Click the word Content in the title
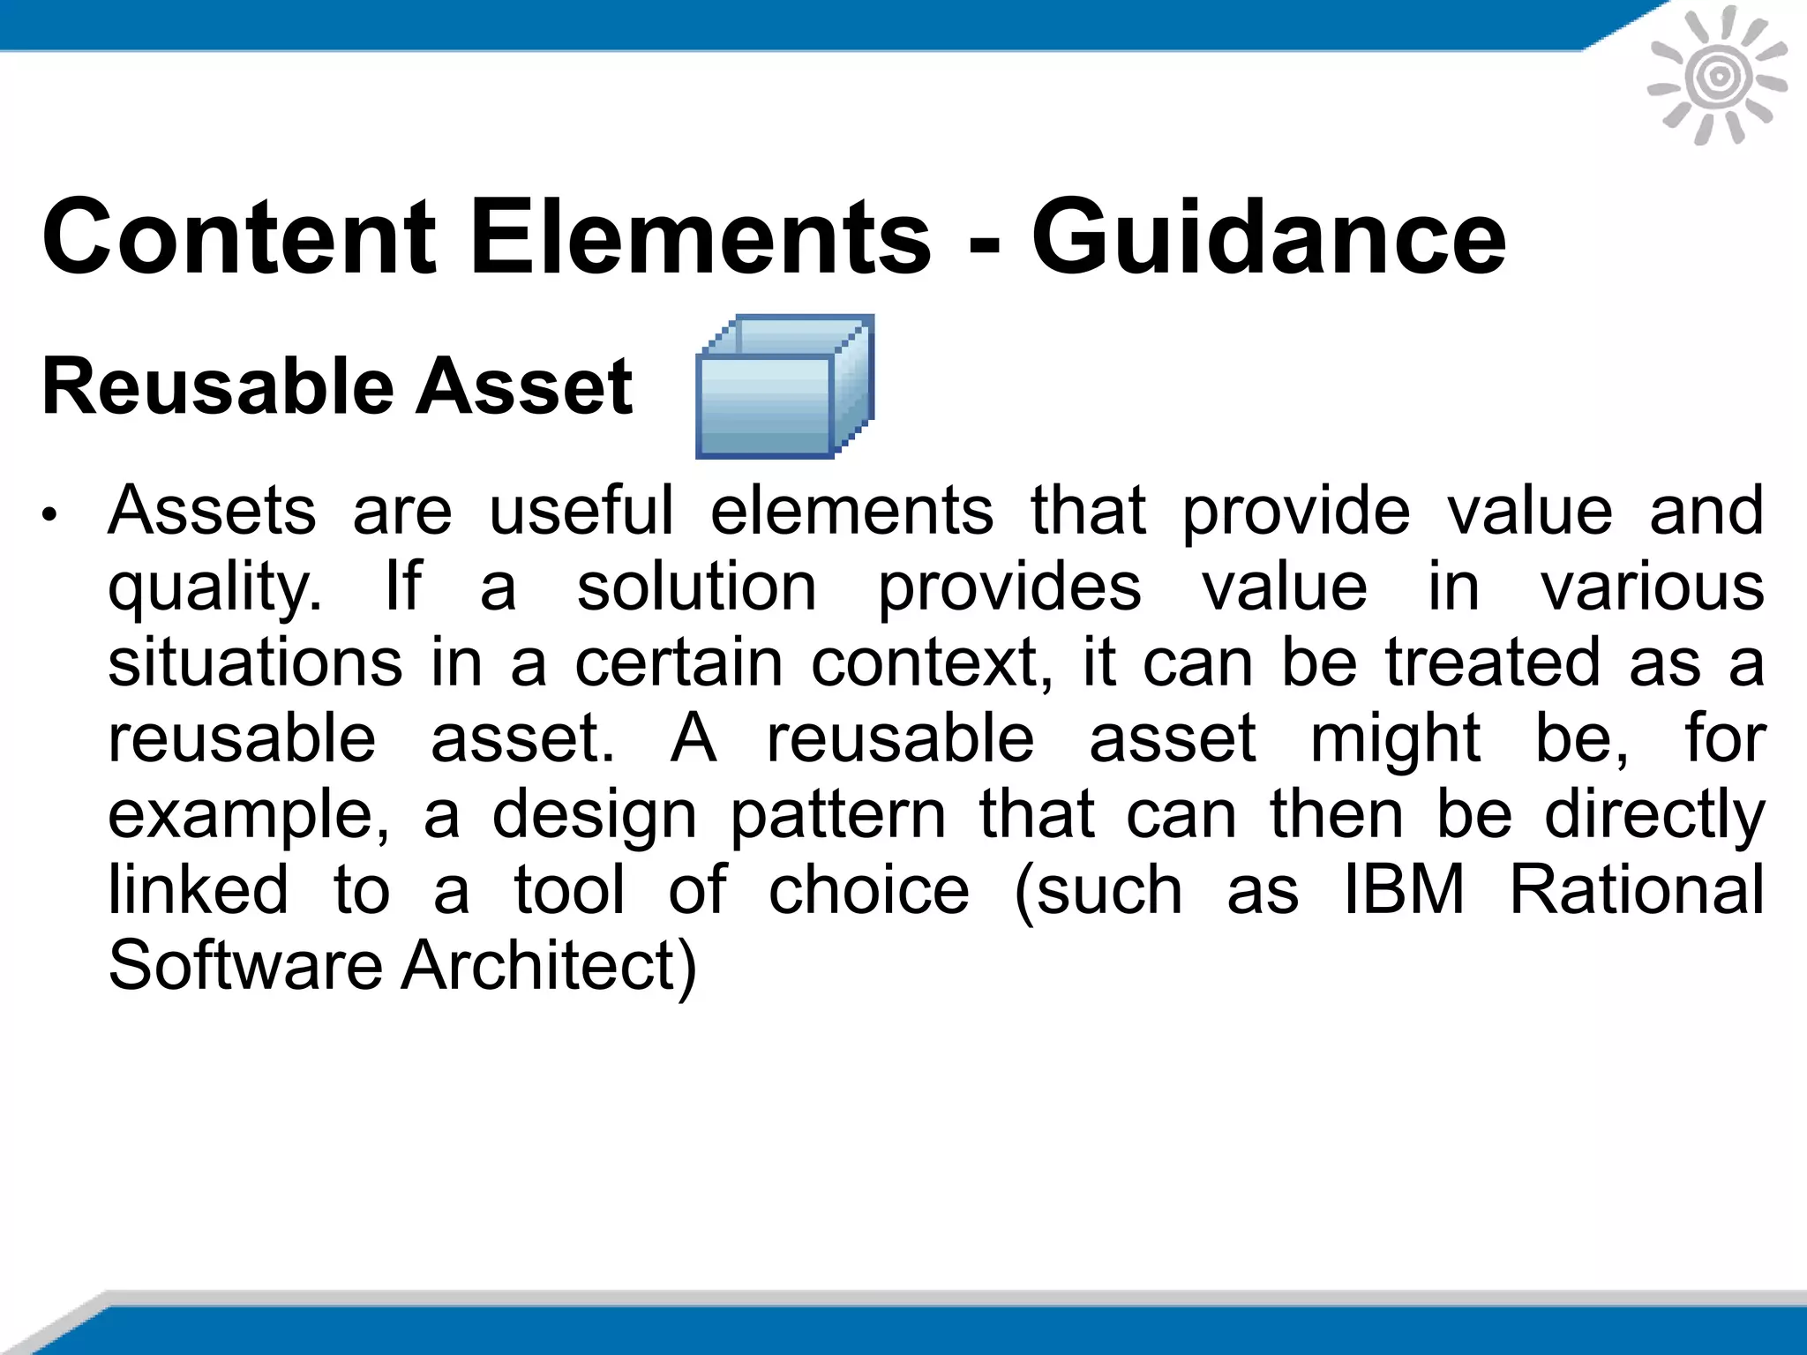pyautogui.click(x=239, y=236)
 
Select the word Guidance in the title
pyautogui.click(x=1269, y=236)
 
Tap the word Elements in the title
pyautogui.click(x=701, y=236)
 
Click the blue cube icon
pyautogui.click(x=784, y=386)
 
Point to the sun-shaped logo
pyautogui.click(x=1717, y=76)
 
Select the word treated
pyautogui.click(x=1492, y=663)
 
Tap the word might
pyautogui.click(x=1395, y=738)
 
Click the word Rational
pyautogui.click(x=1637, y=889)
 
